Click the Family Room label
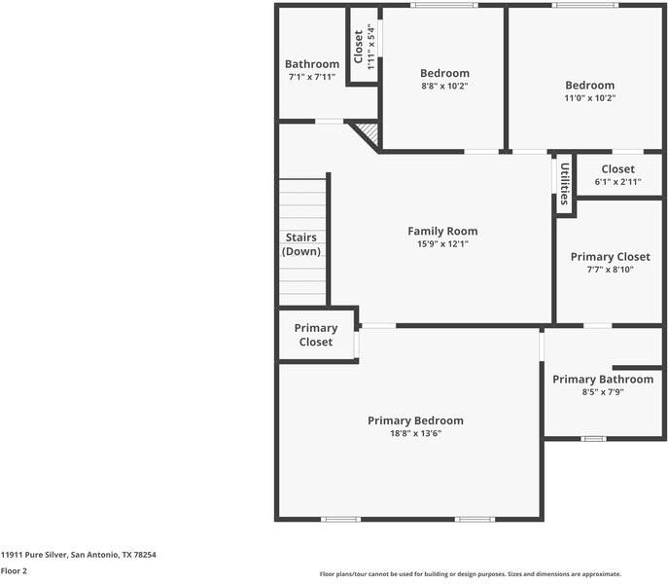coord(442,232)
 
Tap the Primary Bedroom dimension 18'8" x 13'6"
coord(415,433)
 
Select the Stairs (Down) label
coord(301,244)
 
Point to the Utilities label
coord(565,184)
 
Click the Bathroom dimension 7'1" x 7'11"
coord(312,77)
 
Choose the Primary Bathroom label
coord(603,380)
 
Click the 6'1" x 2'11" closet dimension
coord(618,182)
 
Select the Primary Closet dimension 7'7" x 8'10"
coord(610,270)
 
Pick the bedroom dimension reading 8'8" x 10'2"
coord(444,87)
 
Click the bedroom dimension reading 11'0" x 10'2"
coord(590,98)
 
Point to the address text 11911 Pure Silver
coord(34,555)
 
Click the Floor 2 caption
coord(14,570)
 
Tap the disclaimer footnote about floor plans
coord(471,574)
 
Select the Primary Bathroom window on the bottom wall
coord(594,439)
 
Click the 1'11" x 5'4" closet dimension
coord(370,47)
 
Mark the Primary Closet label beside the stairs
coord(316,335)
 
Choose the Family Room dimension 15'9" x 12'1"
coord(442,244)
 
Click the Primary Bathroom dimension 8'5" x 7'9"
coord(603,392)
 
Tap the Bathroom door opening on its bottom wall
coord(330,122)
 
